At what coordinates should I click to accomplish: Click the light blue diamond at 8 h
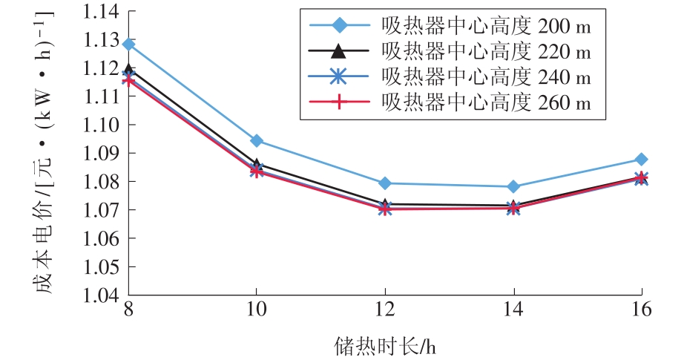coord(128,45)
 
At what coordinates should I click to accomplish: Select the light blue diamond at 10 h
coord(257,140)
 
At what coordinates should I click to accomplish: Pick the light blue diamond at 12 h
coord(384,183)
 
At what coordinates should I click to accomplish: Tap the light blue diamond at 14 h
coord(513,186)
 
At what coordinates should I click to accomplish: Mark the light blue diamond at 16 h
coord(641,160)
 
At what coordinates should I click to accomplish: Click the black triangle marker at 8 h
coord(128,70)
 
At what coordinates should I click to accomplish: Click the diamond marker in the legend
coord(338,26)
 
